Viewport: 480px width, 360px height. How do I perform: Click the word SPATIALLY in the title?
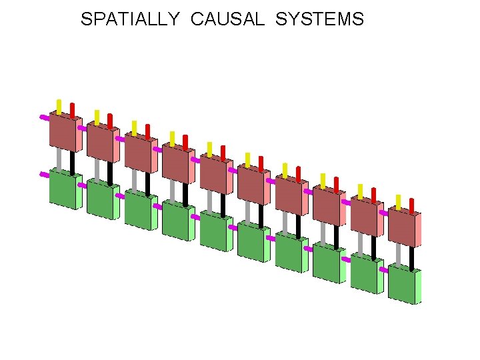(129, 19)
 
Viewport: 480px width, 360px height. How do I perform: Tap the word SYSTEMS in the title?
(319, 19)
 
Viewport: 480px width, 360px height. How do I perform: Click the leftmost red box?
(63, 131)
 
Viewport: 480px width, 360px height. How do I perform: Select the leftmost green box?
(63, 189)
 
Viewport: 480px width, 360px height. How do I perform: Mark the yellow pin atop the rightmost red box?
(398, 202)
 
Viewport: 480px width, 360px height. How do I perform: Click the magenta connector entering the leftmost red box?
(44, 117)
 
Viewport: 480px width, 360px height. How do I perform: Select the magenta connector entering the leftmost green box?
(44, 175)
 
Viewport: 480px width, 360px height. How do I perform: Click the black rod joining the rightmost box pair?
(411, 257)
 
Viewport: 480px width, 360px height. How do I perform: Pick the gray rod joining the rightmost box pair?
(399, 253)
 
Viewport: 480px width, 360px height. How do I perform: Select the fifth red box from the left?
(214, 174)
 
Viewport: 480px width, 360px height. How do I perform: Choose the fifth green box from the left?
(214, 231)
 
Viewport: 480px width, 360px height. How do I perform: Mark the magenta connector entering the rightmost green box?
(383, 270)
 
